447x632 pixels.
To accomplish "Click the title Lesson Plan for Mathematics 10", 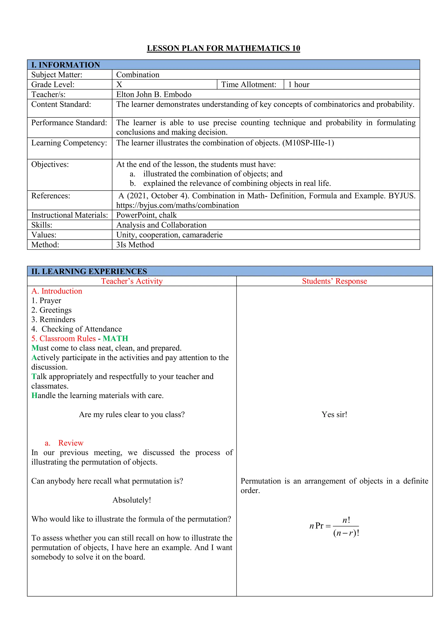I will (x=223, y=48).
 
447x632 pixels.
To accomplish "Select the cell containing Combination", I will (x=138, y=75).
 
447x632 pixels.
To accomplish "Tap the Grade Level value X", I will (x=119, y=84).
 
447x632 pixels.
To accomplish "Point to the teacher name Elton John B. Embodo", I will (x=154, y=94).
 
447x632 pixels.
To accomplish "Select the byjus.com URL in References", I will (x=177, y=205).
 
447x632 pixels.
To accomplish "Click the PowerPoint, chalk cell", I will (x=146, y=215).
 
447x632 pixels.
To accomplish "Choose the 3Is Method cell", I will (x=135, y=245).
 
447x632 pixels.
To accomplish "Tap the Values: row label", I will (x=44, y=235).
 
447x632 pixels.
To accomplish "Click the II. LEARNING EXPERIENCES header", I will (x=89, y=271).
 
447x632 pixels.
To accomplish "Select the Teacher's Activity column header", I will (x=132, y=281).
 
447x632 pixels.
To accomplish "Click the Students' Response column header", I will (x=334, y=281).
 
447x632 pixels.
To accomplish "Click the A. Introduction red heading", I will (x=57, y=291).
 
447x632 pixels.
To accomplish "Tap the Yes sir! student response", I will (x=334, y=415).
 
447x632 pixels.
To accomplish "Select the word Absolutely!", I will (x=132, y=500).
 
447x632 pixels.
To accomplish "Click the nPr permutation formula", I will (x=334, y=526).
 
